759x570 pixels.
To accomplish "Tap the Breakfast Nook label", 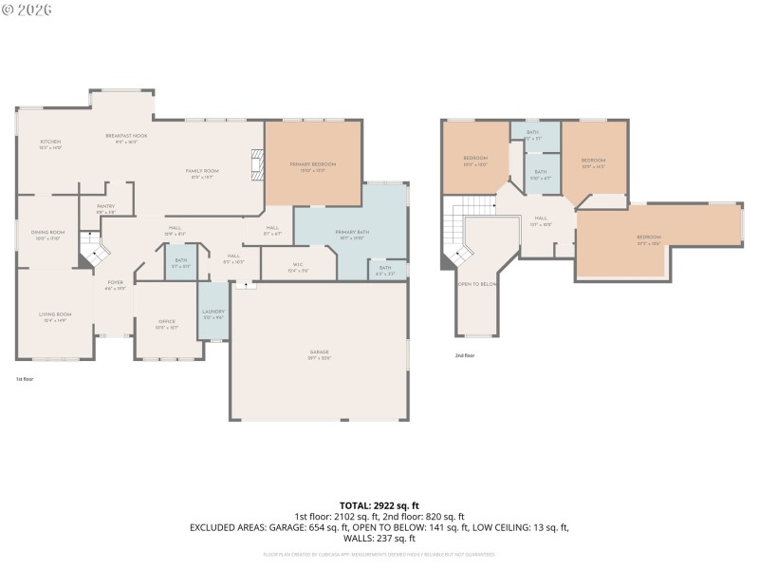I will click(x=126, y=138).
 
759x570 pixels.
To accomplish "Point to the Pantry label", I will click(x=105, y=208).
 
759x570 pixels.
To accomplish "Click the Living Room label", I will click(x=55, y=316).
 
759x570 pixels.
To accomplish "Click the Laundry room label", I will click(x=212, y=313).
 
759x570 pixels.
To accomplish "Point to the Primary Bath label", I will click(x=351, y=235).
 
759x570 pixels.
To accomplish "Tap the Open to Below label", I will click(x=477, y=284).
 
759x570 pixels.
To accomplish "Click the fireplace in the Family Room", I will click(x=256, y=164).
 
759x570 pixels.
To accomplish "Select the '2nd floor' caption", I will click(x=465, y=355).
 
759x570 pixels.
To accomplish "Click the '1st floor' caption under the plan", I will click(x=25, y=378).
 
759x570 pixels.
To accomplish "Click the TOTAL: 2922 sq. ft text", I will click(x=379, y=505).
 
